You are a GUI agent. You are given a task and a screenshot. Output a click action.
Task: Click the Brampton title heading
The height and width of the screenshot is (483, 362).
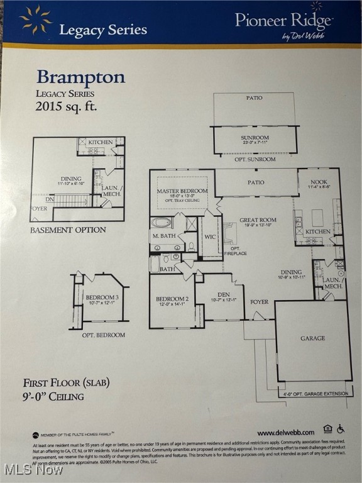(x=80, y=77)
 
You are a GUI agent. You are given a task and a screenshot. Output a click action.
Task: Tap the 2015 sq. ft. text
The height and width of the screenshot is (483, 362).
(x=66, y=106)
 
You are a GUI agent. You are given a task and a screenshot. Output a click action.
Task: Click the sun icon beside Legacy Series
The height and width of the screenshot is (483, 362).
(x=36, y=19)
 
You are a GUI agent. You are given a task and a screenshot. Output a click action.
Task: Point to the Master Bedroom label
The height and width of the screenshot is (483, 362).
(x=182, y=191)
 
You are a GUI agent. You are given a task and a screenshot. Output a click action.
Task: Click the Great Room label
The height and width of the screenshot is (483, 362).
(x=258, y=221)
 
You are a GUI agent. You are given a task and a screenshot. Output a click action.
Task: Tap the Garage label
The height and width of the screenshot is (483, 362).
(x=312, y=338)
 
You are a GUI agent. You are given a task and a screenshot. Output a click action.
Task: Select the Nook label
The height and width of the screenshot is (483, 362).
(x=319, y=182)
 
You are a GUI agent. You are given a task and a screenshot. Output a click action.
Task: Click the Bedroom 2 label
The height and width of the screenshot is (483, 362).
(x=172, y=299)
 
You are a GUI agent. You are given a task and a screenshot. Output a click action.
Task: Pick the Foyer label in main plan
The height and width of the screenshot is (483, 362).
(x=259, y=302)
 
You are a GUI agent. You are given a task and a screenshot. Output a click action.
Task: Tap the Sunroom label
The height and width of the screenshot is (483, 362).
(x=255, y=138)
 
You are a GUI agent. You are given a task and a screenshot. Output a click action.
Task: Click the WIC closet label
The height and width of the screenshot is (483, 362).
(x=209, y=236)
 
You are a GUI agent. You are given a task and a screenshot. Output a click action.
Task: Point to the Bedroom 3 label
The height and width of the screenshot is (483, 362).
(x=102, y=297)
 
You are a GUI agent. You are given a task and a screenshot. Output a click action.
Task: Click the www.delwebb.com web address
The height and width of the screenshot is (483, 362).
(x=285, y=433)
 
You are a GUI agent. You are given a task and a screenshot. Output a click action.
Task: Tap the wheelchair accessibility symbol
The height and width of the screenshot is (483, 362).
(x=341, y=429)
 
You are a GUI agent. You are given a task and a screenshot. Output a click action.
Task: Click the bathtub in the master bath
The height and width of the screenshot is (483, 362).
(x=161, y=223)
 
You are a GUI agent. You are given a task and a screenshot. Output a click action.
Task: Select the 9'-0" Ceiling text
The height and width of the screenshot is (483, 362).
(x=53, y=396)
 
